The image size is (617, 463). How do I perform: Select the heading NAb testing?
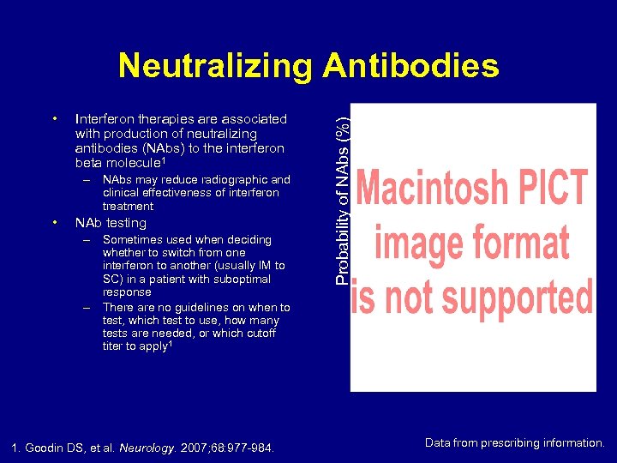[x=111, y=223]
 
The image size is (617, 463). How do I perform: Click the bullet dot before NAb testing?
[x=54, y=222]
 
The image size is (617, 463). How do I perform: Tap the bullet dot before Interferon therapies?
[x=54, y=117]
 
